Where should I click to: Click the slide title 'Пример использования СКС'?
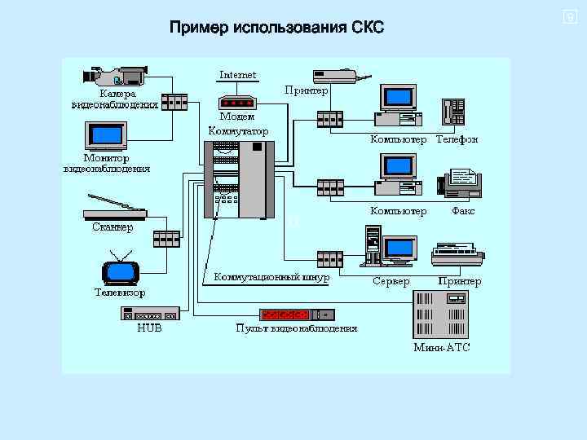pos(276,29)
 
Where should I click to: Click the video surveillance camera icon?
pos(115,76)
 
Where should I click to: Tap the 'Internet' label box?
pos(238,74)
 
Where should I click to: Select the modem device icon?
pos(238,103)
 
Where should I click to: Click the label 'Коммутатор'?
pos(238,130)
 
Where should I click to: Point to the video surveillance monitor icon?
pos(106,135)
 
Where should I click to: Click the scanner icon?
pos(114,209)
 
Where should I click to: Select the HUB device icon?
pos(150,314)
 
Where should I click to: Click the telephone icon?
pos(452,112)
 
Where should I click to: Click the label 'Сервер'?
pos(391,281)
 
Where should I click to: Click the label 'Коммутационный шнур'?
pos(271,277)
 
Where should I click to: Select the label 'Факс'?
pos(463,211)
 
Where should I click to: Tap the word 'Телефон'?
pos(457,139)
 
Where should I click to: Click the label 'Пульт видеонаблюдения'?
pos(296,328)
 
